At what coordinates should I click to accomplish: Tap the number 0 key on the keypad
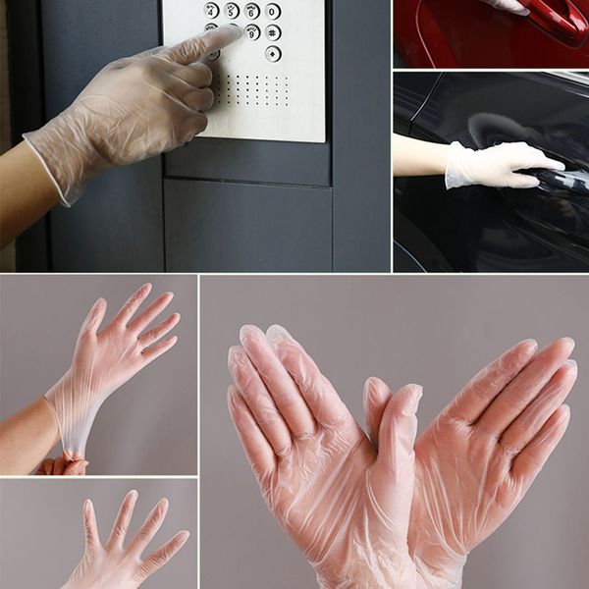(x=273, y=12)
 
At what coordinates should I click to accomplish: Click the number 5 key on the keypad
(x=232, y=11)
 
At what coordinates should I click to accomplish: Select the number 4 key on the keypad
(x=211, y=10)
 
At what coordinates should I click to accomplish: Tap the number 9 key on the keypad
(x=252, y=32)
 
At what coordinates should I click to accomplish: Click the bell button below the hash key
(x=273, y=53)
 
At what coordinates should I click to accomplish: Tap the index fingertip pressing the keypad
(x=230, y=34)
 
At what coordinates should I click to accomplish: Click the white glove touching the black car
(x=496, y=164)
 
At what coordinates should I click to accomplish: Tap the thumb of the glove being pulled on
(x=93, y=318)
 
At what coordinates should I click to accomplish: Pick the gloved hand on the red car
(x=510, y=6)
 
